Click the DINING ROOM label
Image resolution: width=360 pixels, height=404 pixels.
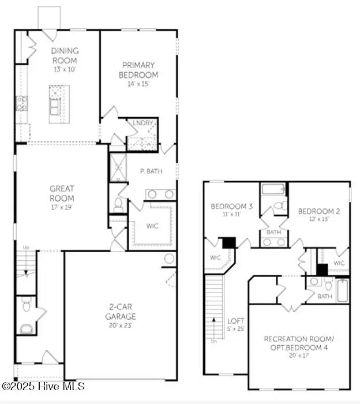65,55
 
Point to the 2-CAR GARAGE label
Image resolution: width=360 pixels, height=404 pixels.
121,312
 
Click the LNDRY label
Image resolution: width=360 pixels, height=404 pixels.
142,122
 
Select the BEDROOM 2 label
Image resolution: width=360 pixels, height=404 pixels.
318,211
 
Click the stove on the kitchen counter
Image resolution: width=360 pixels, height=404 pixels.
21,104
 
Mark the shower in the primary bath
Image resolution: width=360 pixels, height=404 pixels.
118,167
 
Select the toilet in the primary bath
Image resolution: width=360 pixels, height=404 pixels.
118,203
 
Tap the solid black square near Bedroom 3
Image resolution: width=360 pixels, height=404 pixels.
229,243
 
